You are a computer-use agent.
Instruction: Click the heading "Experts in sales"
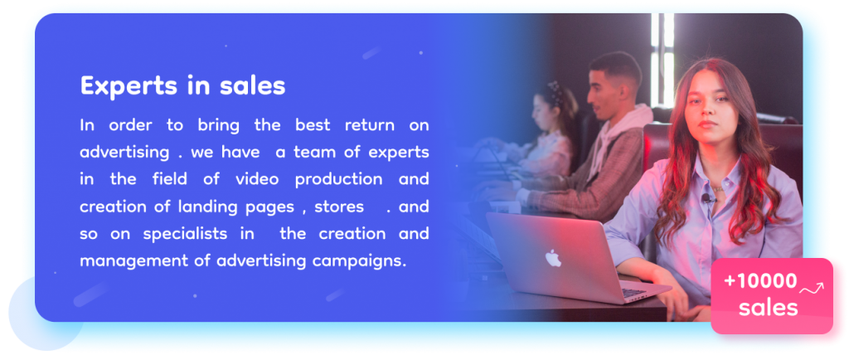click(x=182, y=86)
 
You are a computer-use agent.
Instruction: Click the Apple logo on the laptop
click(x=553, y=258)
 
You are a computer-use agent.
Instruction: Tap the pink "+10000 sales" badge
click(x=772, y=295)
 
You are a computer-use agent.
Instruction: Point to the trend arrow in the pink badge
click(x=812, y=289)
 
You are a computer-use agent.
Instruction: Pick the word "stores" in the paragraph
click(x=339, y=207)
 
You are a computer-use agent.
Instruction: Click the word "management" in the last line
click(x=127, y=262)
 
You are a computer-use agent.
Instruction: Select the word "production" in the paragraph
click(x=338, y=180)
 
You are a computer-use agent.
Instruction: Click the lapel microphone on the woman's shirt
click(x=706, y=199)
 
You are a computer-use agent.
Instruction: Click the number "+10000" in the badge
click(x=760, y=281)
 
